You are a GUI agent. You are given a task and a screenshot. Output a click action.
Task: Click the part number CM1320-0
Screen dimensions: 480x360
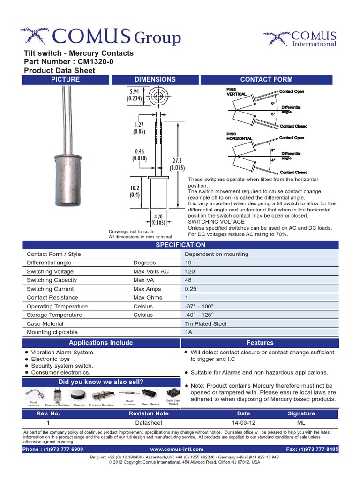92,62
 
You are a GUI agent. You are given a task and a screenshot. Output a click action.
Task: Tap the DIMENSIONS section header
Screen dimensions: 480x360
155,80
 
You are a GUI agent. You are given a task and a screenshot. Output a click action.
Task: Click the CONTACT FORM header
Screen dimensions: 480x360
266,80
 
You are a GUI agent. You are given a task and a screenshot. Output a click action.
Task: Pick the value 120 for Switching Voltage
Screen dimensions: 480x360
191,271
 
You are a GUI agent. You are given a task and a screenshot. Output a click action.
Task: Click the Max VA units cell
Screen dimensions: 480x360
144,280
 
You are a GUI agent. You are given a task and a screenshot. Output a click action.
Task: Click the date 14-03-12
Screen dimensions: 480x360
243,422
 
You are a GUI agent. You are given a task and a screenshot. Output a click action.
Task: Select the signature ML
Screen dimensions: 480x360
301,422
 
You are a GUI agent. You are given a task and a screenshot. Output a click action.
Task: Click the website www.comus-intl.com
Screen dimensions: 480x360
177,449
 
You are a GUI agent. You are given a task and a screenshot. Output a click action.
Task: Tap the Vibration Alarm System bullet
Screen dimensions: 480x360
63,352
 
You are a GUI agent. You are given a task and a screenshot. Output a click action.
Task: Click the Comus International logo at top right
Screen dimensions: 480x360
300,38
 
